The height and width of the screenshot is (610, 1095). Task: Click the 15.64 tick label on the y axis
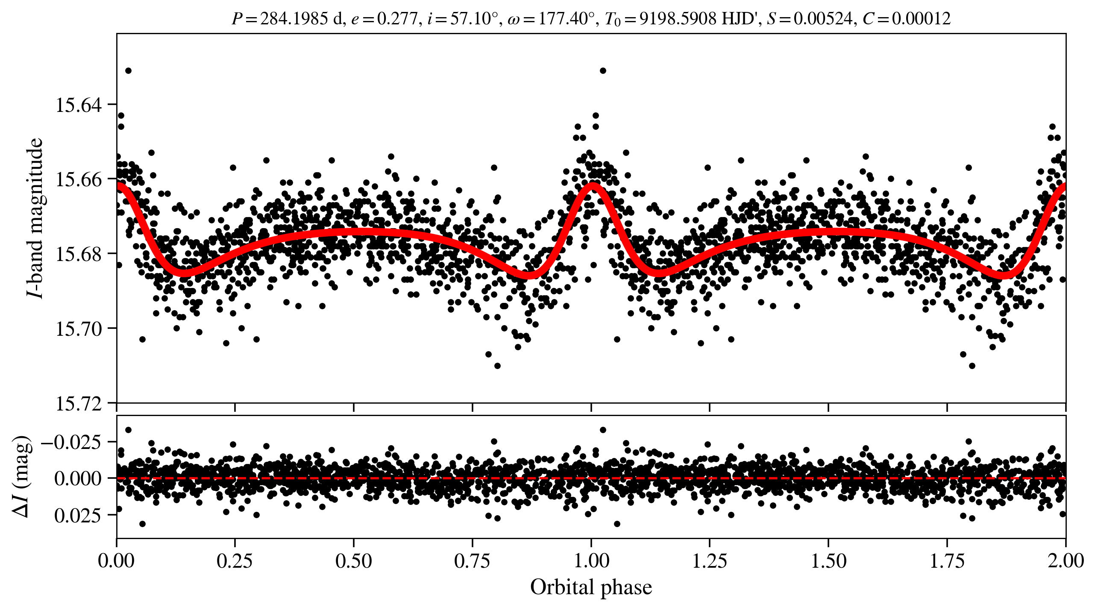(x=79, y=105)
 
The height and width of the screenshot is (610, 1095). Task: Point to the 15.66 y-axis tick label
(x=79, y=180)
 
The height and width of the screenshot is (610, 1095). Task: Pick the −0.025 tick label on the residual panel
(x=71, y=442)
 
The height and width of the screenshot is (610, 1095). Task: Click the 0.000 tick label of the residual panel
(x=78, y=479)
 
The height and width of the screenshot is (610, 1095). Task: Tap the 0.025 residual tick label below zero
(x=78, y=516)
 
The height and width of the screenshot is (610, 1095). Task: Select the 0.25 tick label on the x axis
(x=235, y=561)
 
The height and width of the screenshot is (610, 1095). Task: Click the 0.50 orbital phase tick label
(x=353, y=561)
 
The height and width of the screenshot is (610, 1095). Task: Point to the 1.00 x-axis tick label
(x=591, y=561)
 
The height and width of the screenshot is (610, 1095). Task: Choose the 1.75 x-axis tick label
(x=947, y=561)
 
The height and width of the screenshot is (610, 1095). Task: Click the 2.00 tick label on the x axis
(x=1066, y=561)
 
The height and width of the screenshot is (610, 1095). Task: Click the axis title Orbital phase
(x=591, y=587)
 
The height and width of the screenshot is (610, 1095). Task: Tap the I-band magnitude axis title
(x=35, y=218)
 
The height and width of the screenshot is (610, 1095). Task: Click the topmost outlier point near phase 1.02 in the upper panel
(x=603, y=70)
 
